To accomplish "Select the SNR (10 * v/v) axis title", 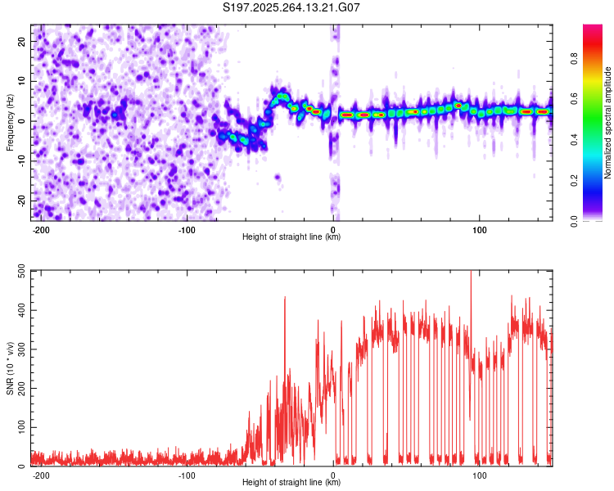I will point(10,368).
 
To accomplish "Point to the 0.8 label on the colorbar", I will point(594,59).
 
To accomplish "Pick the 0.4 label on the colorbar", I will point(594,140).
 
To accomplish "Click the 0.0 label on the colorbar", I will point(594,220).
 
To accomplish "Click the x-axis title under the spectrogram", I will point(291,237).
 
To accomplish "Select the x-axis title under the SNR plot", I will point(291,484).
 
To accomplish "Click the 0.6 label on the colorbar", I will point(594,99).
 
